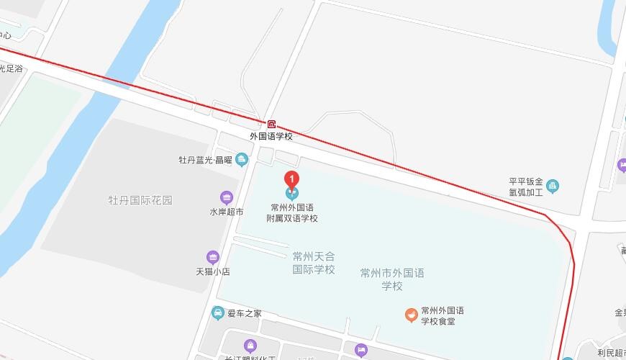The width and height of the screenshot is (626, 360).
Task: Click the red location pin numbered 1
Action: click(x=292, y=180)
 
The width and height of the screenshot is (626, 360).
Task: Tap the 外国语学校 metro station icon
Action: click(x=271, y=124)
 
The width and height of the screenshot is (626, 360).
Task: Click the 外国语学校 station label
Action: click(x=271, y=136)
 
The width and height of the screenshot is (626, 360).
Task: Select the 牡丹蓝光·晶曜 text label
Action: click(x=205, y=160)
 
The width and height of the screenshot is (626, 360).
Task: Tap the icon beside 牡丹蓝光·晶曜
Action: click(x=241, y=158)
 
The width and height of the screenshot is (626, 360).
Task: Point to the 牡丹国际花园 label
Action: click(x=140, y=200)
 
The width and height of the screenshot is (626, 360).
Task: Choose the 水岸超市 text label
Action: click(x=227, y=212)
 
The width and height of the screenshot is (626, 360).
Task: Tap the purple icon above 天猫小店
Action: click(x=212, y=257)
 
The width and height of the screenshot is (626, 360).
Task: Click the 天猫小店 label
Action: click(x=212, y=271)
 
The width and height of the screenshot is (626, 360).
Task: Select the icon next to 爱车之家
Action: click(x=217, y=313)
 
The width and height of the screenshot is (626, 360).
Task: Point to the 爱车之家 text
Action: click(x=245, y=314)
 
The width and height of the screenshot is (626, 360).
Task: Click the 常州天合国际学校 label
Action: click(x=314, y=263)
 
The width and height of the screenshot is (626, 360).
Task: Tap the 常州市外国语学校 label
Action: click(x=392, y=279)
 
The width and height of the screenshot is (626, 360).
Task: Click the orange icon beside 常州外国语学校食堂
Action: click(x=410, y=315)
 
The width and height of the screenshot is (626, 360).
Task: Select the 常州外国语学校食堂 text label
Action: click(x=443, y=315)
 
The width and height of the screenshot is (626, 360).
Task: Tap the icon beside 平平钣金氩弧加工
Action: click(x=553, y=187)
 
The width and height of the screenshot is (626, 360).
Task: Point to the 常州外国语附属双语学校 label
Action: click(x=291, y=212)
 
